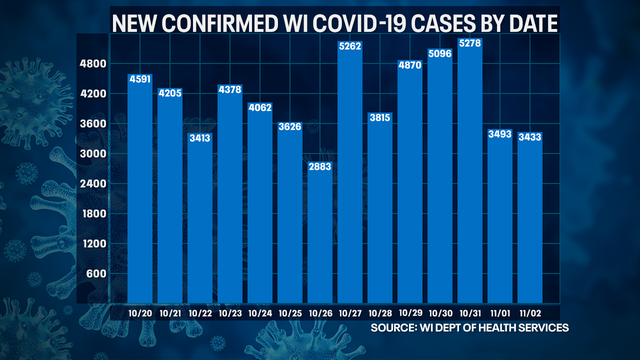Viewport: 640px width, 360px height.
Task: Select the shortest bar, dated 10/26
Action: pyautogui.click(x=320, y=230)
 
